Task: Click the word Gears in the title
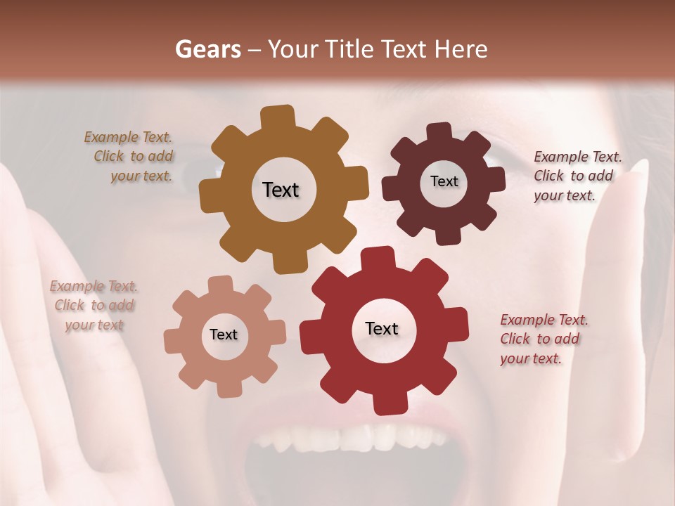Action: pos(207,49)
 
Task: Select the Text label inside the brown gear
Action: pos(281,190)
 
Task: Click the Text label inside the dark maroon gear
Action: pos(444,181)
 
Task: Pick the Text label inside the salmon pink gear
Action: pos(224,335)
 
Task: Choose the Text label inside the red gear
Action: pos(382,328)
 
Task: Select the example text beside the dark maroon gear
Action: pos(577,176)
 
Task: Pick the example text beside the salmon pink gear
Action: pos(94,305)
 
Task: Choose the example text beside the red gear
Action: pos(543,339)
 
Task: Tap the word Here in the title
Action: pos(461,49)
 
